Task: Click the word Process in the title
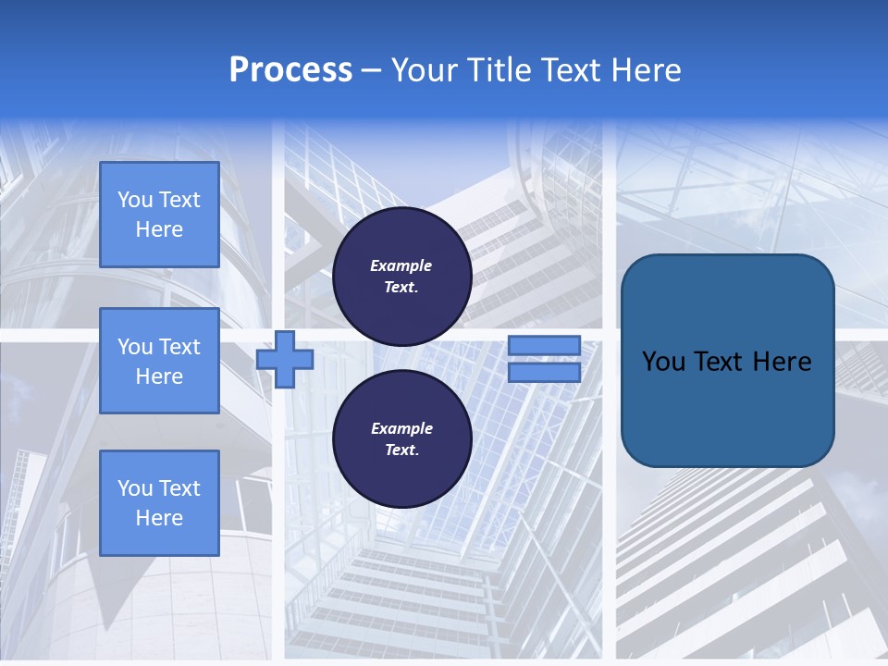290,70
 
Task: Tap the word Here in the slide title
645,70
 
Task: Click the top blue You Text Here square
159,215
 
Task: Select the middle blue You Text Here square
159,361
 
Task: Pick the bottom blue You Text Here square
159,502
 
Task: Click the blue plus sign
285,360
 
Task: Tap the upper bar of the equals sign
544,346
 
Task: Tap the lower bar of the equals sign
544,373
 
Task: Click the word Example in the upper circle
401,265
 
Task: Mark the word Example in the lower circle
401,428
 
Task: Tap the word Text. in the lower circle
401,450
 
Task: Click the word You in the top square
135,200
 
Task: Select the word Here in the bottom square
159,518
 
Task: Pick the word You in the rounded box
663,362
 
